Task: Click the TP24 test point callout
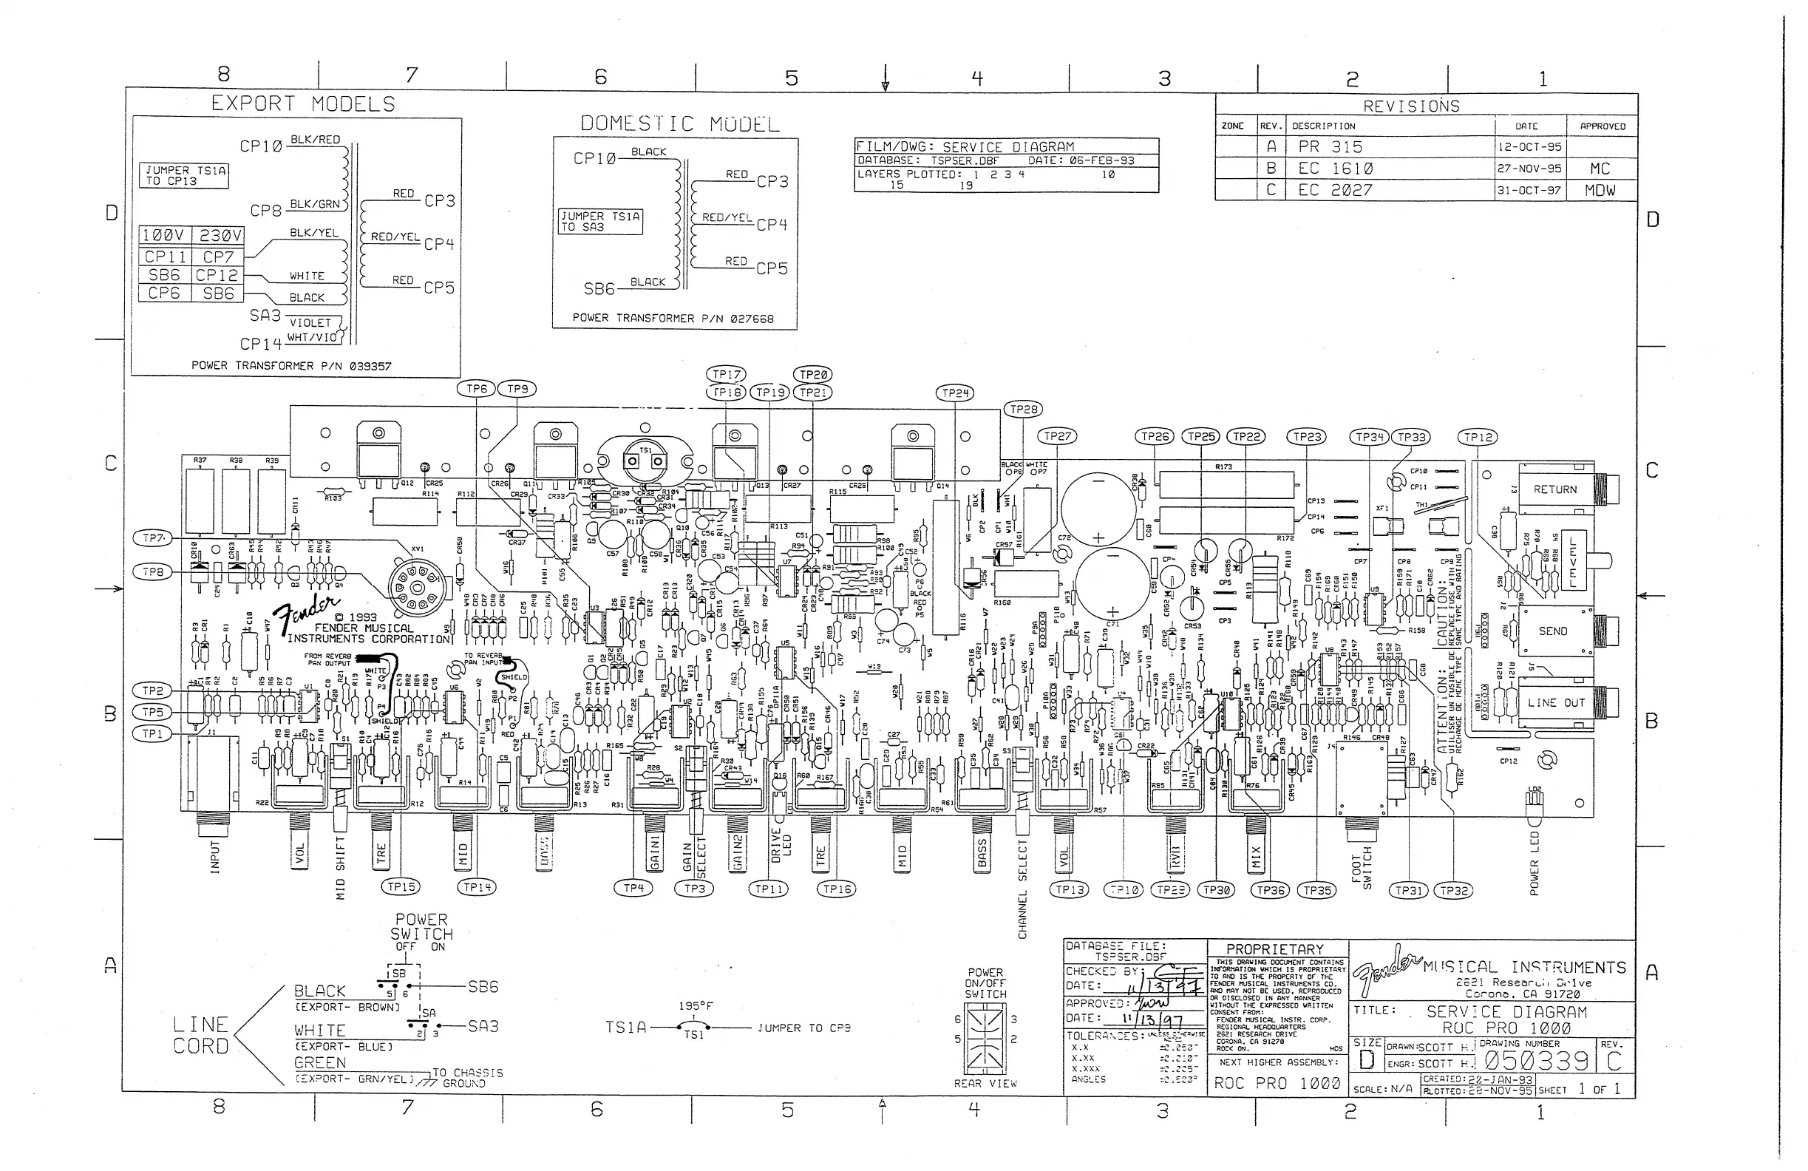tap(955, 393)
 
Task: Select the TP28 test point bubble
tap(1023, 410)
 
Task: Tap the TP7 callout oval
tap(154, 538)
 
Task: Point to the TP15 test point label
tap(401, 887)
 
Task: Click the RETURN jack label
tap(1554, 489)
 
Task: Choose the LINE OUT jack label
tap(1556, 703)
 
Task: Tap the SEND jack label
tap(1553, 631)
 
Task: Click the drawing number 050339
tap(1536, 1061)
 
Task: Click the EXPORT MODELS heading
tap(303, 103)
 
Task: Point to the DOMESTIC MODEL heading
tap(680, 124)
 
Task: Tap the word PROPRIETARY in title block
tap(1275, 949)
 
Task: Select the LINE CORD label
tap(200, 1035)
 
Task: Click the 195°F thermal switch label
tap(695, 1006)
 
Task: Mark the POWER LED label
tap(1534, 863)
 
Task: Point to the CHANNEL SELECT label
tap(1022, 889)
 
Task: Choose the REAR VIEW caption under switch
tap(985, 1084)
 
